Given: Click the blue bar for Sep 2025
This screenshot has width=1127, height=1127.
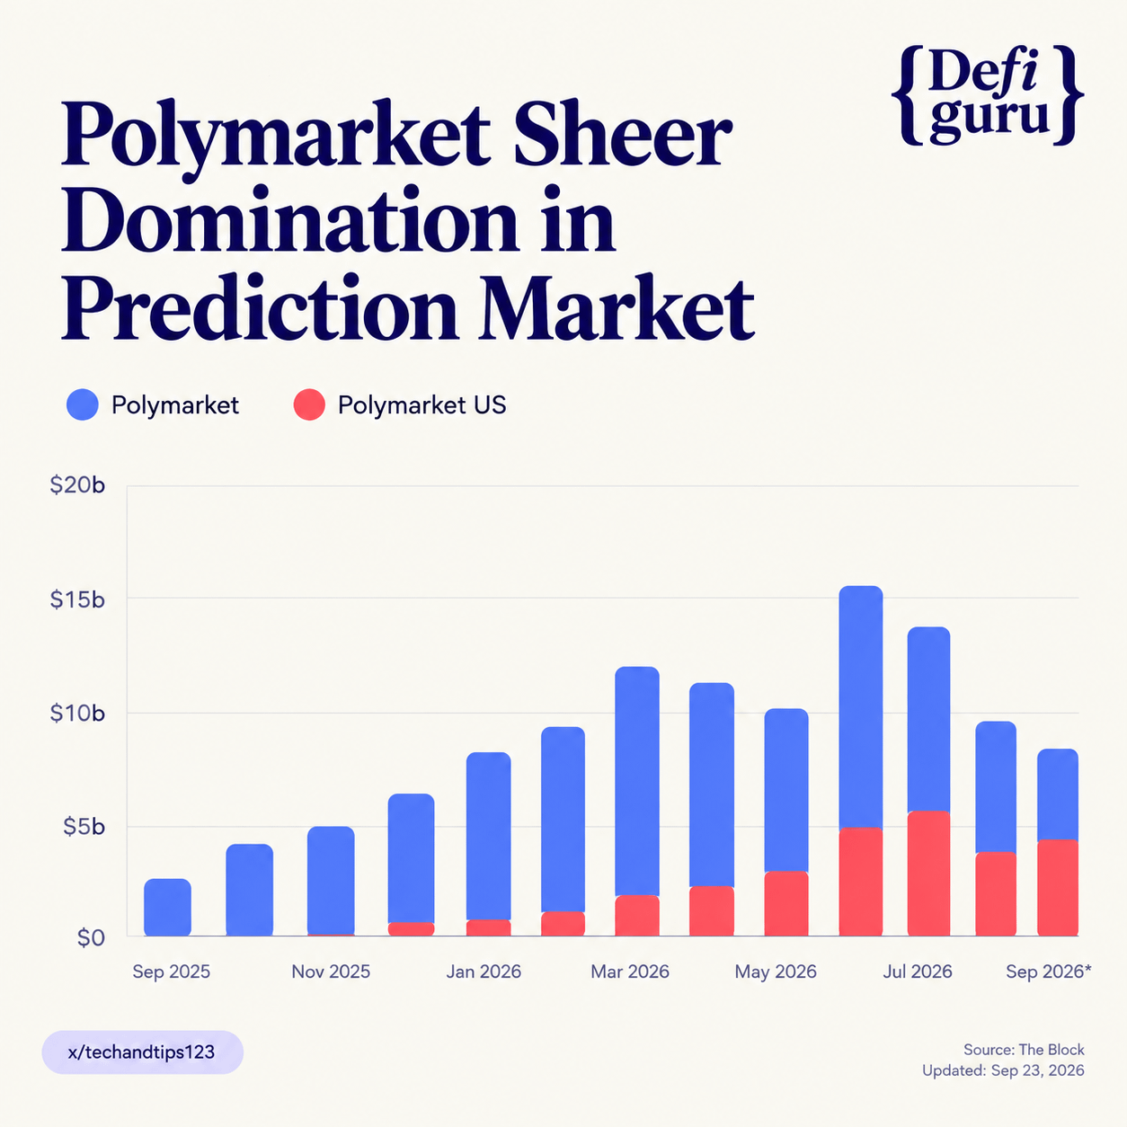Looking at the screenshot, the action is (167, 907).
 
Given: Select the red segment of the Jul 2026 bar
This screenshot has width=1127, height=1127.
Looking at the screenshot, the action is (928, 874).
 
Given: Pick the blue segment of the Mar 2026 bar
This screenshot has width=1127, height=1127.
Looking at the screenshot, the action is (637, 781).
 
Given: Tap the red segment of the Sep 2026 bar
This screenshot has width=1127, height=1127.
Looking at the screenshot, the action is (1058, 888).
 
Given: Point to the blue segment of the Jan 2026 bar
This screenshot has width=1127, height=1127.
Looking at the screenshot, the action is (488, 836).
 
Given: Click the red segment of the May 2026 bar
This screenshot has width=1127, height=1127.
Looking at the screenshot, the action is (786, 903).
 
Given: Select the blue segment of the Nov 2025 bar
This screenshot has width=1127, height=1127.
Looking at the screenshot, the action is (331, 880).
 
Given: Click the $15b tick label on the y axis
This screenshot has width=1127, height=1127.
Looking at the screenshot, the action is (77, 599).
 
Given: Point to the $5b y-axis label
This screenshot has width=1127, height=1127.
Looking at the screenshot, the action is (84, 827).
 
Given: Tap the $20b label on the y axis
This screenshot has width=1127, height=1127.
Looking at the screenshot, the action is (77, 484).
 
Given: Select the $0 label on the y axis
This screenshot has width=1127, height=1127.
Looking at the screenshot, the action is (91, 938).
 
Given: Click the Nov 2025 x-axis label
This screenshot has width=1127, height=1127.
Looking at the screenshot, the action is (331, 972).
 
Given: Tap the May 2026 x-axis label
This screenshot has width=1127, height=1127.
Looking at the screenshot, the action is (776, 972).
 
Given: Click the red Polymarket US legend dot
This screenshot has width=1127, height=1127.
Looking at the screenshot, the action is (309, 404).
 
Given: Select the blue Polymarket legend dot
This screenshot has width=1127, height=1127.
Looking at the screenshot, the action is (83, 404).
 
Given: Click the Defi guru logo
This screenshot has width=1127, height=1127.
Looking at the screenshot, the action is (988, 94).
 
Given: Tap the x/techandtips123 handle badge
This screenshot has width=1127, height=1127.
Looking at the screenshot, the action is (143, 1052).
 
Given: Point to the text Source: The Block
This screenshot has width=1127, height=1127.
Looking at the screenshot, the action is (1024, 1050).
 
